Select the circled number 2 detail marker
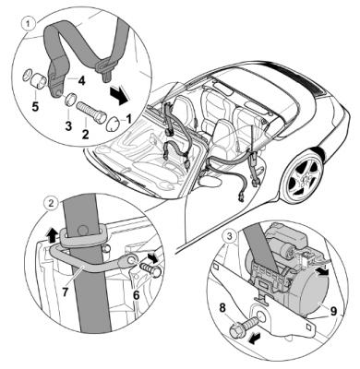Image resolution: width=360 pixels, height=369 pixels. point(50,203)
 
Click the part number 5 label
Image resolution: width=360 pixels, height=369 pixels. point(36,107)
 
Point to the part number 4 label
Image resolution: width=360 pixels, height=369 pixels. point(81,81)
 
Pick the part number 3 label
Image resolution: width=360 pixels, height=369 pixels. point(68,125)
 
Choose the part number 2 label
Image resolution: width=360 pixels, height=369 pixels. point(85,134)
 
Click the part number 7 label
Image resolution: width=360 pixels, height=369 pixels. point(65,292)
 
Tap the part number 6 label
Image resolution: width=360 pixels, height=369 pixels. point(136,295)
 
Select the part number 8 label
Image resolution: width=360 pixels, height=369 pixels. point(222,308)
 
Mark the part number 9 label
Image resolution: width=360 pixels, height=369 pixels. point(333,312)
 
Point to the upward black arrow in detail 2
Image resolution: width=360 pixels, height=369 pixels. point(52,236)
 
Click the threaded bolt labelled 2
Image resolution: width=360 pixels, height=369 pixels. point(91,113)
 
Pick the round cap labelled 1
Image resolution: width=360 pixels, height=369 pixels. point(114,124)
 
